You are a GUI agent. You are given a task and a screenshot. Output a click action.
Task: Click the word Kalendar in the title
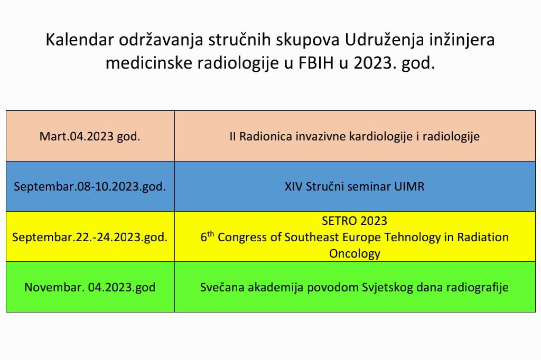tap(80, 40)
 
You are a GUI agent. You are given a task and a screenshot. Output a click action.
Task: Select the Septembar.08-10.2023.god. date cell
tap(90, 186)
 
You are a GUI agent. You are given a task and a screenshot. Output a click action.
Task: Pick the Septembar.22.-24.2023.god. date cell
tap(90, 237)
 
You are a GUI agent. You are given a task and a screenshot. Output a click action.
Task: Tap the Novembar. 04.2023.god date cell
tap(90, 287)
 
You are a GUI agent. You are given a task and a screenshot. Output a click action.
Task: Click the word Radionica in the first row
tap(266, 136)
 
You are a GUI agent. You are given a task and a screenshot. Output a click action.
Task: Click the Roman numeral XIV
tap(294, 186)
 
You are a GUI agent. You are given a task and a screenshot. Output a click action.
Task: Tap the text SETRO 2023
tap(355, 221)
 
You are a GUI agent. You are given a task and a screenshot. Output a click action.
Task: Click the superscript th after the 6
tap(210, 234)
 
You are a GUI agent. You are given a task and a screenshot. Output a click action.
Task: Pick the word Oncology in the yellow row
tap(355, 254)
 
